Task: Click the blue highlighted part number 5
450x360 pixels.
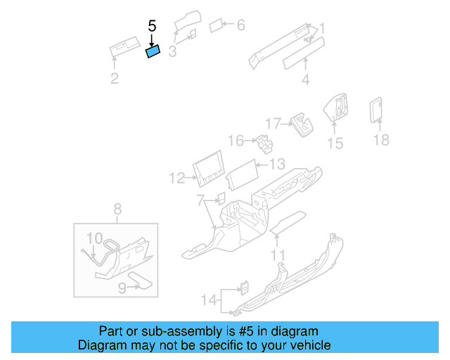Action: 153,51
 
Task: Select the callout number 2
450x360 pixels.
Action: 115,78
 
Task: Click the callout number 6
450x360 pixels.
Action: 240,26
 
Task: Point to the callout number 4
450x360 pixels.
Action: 305,80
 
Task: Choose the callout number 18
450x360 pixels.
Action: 380,140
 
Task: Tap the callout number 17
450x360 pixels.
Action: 273,122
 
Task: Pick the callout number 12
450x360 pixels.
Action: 176,179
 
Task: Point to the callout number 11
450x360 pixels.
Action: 278,254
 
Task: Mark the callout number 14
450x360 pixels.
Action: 207,300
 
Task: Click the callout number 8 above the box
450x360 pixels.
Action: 117,208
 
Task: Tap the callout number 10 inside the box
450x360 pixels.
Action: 94,238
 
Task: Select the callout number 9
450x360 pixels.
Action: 122,287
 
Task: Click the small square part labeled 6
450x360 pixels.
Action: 218,27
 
